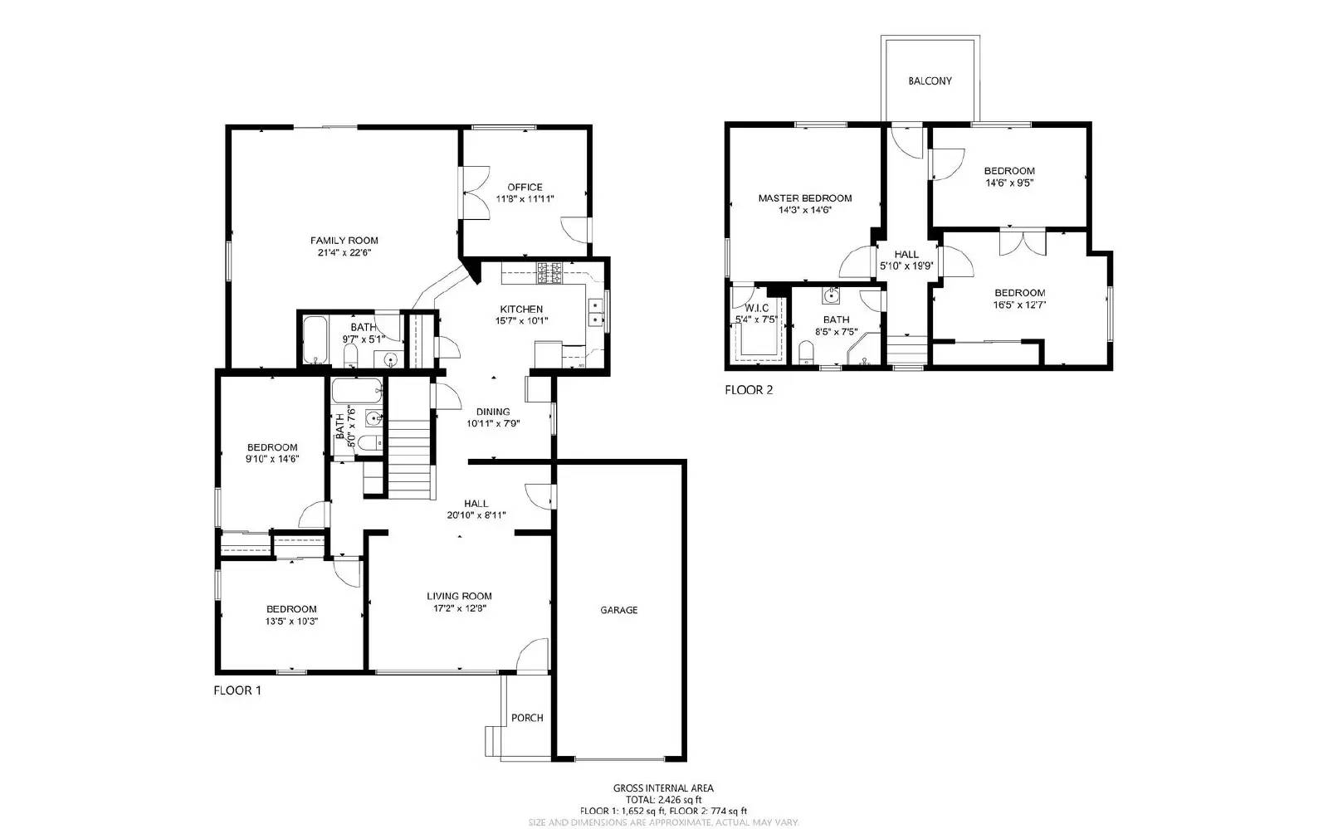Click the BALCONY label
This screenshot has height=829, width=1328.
tap(930, 81)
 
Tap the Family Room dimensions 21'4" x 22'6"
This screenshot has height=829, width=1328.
tap(344, 253)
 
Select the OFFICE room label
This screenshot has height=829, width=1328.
tap(525, 188)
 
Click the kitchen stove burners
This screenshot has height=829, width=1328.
tap(549, 271)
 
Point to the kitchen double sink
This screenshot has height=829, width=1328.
tap(597, 312)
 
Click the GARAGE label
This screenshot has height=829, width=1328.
tap(619, 610)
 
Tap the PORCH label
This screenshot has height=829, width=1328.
tap(527, 718)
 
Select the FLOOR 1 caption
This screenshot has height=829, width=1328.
tap(237, 690)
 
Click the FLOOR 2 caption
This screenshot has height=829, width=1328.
tap(749, 390)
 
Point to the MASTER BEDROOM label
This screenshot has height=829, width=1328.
tap(804, 198)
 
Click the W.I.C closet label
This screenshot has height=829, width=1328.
tap(756, 308)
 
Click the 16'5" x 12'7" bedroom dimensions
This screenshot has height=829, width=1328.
tap(1019, 305)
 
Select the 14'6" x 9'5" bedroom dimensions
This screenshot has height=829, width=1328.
tap(1009, 183)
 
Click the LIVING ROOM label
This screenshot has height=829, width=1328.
tap(459, 596)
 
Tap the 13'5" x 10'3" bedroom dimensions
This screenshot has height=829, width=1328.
tap(291, 621)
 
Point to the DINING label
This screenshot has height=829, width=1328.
tap(493, 412)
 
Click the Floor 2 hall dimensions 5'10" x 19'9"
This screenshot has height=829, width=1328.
tap(906, 266)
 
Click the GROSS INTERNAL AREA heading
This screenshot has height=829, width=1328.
tap(663, 788)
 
